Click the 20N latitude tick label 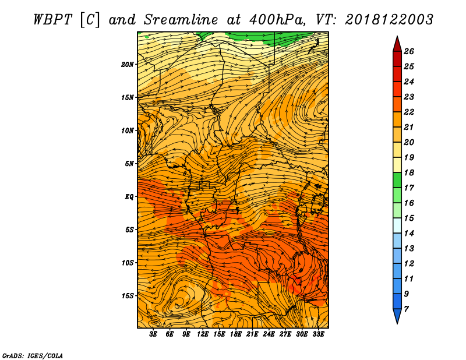click(x=128, y=64)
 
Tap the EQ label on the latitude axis click(x=129, y=196)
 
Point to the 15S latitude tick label click(x=128, y=296)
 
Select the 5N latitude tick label click(x=129, y=164)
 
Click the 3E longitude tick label click(x=153, y=334)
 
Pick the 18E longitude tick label click(x=236, y=334)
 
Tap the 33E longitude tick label click(x=318, y=334)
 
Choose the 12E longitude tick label click(x=203, y=334)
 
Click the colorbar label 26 click(x=409, y=51)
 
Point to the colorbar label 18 click(x=409, y=172)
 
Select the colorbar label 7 click(x=406, y=309)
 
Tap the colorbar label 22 click(x=409, y=112)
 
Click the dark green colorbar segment click(x=397, y=180)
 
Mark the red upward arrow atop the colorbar click(x=397, y=44)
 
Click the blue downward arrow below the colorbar click(x=397, y=316)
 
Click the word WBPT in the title click(x=53, y=20)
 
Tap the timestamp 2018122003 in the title click(x=389, y=20)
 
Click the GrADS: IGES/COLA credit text click(x=33, y=355)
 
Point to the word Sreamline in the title click(x=181, y=20)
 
